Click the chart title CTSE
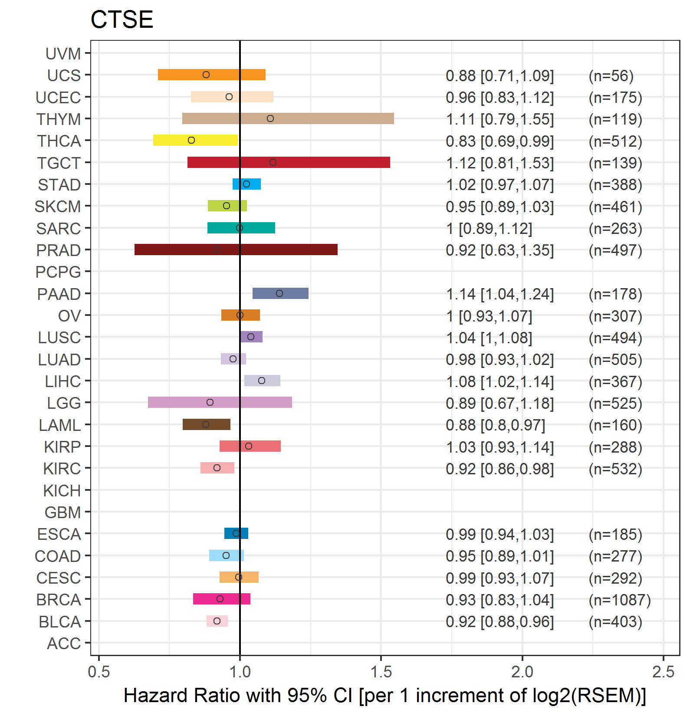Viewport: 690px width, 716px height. tap(122, 20)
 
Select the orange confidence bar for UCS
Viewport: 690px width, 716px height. tap(182, 75)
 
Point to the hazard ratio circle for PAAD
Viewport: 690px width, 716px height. tap(279, 293)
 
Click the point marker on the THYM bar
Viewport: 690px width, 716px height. tap(270, 118)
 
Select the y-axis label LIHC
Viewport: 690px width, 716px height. tap(63, 381)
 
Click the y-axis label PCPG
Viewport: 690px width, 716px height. tap(58, 272)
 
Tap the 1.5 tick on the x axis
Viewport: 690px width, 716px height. tap(381, 672)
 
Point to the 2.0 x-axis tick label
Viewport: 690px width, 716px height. tap(522, 672)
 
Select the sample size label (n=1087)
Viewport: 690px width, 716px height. tap(619, 600)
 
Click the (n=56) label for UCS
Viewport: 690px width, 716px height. tap(611, 76)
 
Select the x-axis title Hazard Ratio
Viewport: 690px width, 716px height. tap(384, 695)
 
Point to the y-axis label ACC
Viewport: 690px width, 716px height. tap(64, 644)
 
